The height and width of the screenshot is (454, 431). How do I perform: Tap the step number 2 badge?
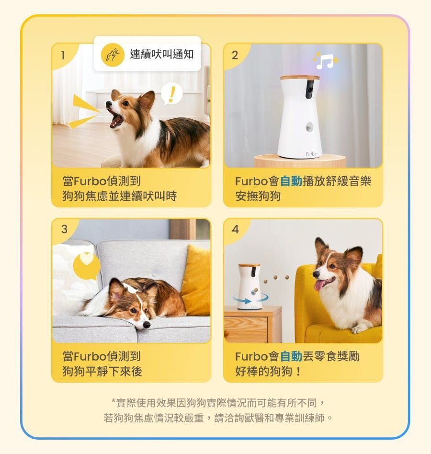[x=235, y=55]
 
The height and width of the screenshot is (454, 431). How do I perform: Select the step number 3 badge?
[x=64, y=230]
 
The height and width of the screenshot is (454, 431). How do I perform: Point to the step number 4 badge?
[x=235, y=230]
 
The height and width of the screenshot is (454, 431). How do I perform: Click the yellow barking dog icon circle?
[x=113, y=54]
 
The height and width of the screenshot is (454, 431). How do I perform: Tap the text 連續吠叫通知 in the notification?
[x=162, y=54]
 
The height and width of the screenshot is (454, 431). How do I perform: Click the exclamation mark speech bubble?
[x=171, y=93]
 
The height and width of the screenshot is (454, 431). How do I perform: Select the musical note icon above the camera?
[x=325, y=61]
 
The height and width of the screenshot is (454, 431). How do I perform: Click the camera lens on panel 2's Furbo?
[x=309, y=89]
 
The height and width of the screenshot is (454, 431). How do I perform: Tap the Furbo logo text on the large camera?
[x=311, y=154]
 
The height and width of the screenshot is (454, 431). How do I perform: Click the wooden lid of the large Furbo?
[x=300, y=77]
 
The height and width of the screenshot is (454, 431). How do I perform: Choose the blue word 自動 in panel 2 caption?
[x=291, y=181]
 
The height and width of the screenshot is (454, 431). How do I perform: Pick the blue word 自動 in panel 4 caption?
[x=291, y=356]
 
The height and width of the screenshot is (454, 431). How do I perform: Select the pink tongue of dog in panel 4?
[x=318, y=285]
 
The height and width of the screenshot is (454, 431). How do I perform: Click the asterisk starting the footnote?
[x=113, y=401]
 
